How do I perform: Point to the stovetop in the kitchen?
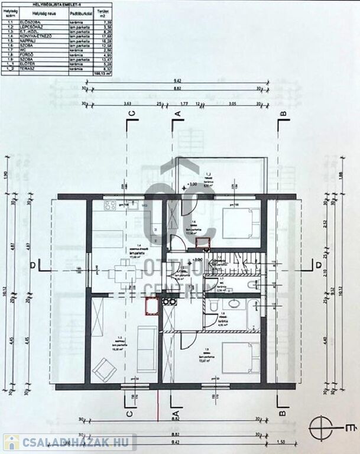[x=111, y=206]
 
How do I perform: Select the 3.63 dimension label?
[x=127, y=102]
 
